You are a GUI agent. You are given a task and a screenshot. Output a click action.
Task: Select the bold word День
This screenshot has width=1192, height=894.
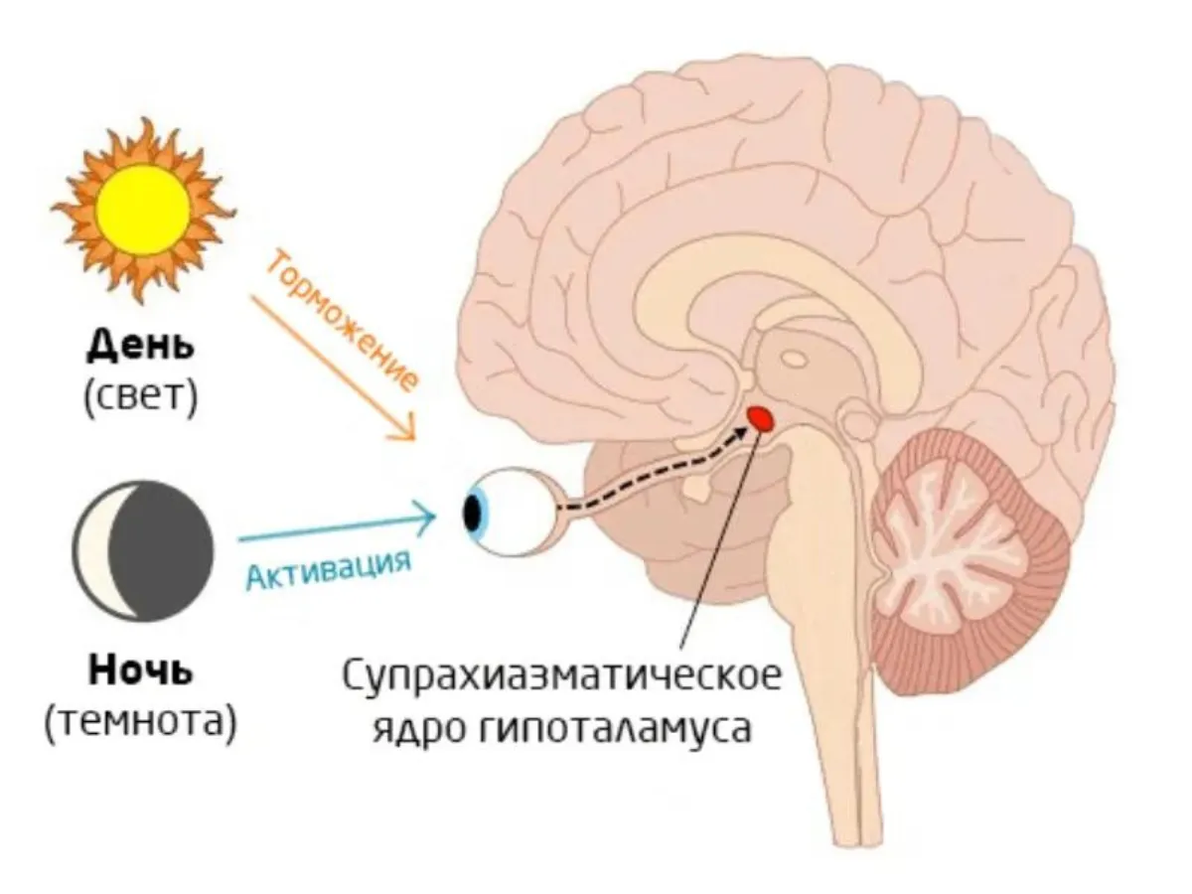pos(141,347)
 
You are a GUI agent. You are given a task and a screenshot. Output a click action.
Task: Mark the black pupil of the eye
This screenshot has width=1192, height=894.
pos(473,511)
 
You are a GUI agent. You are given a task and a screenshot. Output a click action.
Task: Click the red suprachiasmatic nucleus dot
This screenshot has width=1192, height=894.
pos(761,419)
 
